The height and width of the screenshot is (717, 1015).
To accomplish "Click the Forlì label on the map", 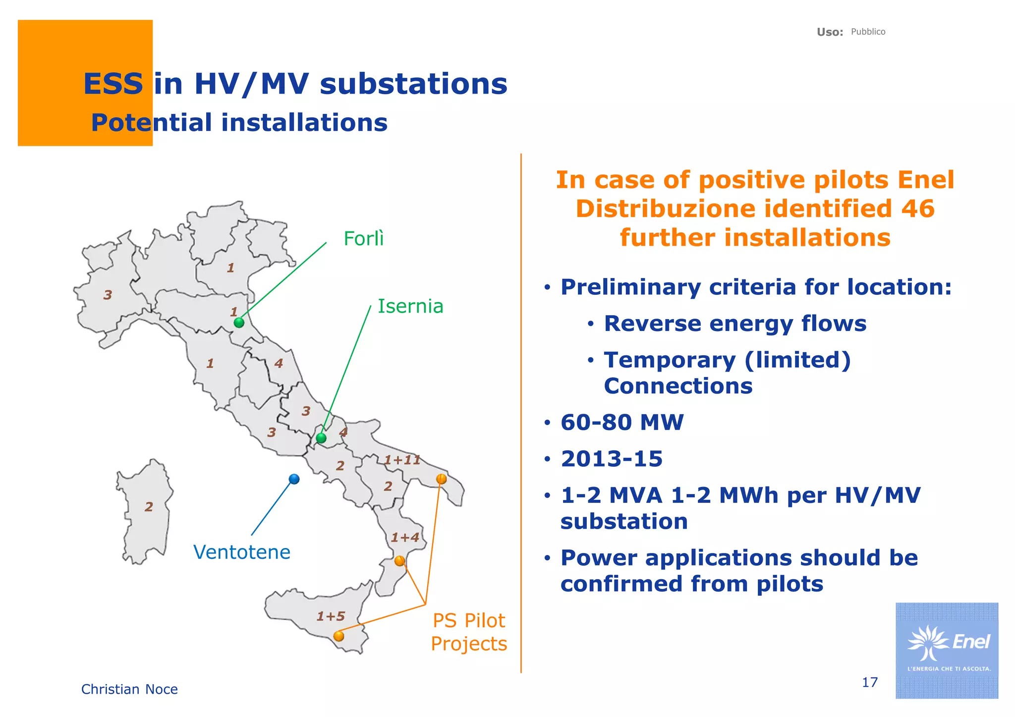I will coord(363,239).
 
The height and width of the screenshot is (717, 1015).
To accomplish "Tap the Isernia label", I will coord(410,306).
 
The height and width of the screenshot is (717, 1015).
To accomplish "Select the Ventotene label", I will coord(241,552).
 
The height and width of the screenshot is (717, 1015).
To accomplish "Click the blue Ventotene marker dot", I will coord(294,479).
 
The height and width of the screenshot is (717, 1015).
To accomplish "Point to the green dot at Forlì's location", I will coord(239,323).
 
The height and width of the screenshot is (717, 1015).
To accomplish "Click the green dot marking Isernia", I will coord(321,438).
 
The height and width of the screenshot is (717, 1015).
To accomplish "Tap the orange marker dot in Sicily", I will coord(339,636).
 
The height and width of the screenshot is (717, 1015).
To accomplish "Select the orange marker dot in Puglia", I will coord(441,479).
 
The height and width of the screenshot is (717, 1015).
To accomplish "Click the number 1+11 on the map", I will coord(402,460).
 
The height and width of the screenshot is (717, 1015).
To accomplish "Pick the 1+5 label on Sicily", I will coord(331,616).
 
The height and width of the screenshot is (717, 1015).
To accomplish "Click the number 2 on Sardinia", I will coord(149,506).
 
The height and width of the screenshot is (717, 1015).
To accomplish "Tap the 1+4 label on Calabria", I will coord(405,537).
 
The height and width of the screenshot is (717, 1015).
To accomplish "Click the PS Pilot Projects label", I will coord(468,632).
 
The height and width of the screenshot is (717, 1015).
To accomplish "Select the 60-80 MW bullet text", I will coord(621,422).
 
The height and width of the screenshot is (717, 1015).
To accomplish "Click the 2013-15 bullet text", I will coord(611,459).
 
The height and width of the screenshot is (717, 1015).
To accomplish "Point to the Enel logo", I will coord(947,650).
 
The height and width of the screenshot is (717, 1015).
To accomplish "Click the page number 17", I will coord(869,682).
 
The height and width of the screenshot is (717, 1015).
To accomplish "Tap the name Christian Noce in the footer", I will coord(129,689).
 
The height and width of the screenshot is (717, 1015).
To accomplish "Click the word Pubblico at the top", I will coord(868,32).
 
